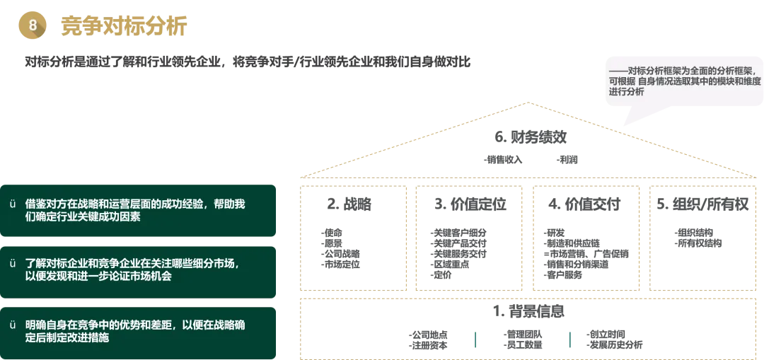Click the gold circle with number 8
coord(33,25)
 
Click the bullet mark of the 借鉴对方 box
coord(12,204)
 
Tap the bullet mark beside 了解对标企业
coord(12,264)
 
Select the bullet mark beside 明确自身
coord(12,325)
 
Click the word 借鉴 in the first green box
coord(35,204)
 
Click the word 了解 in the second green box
coord(35,264)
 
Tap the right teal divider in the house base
coord(568,339)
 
